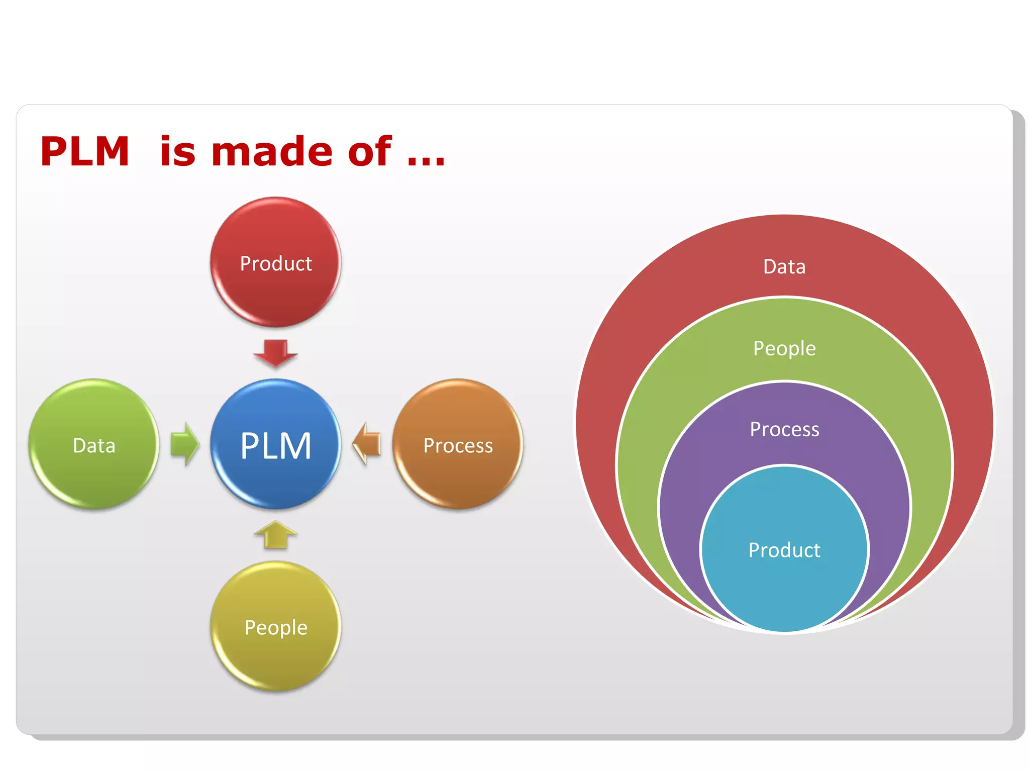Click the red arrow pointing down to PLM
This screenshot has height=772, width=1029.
275,352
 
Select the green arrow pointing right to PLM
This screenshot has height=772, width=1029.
184,444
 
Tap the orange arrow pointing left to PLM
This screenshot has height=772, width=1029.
367,444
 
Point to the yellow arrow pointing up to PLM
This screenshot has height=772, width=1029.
275,535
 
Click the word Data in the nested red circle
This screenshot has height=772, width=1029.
784,266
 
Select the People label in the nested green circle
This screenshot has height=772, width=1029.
784,348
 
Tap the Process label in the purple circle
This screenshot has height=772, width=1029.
784,429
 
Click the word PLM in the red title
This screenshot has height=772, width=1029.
85,151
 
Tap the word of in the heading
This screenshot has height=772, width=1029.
369,151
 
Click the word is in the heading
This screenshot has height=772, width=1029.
177,151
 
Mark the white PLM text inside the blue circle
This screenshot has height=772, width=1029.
275,445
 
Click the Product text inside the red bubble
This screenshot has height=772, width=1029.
275,263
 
